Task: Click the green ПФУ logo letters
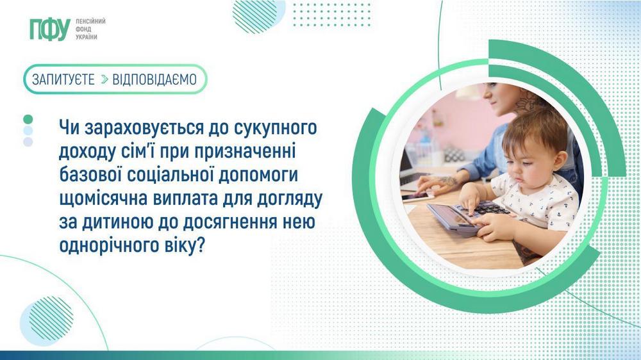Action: coord(49,29)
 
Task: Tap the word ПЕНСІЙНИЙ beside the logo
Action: coord(90,21)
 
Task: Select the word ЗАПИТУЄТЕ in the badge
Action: coord(63,79)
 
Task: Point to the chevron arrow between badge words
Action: coord(104,79)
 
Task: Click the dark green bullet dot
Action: coord(28,119)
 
